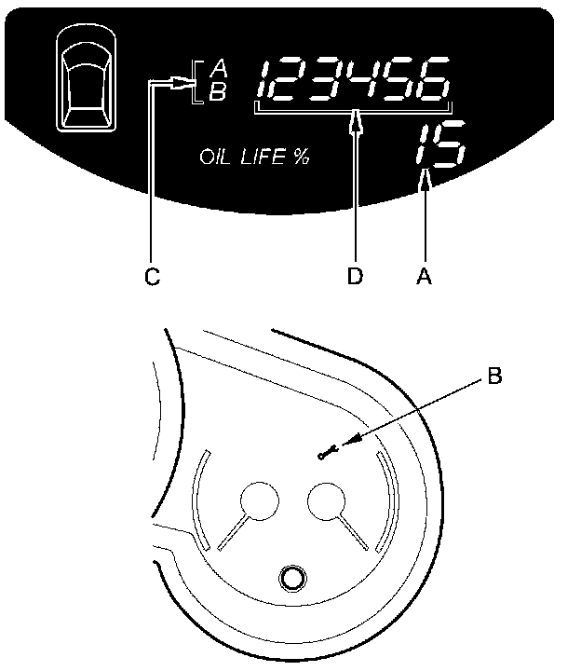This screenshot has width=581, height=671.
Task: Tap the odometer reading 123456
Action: tap(353, 79)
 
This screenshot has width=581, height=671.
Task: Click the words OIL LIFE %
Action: tap(254, 157)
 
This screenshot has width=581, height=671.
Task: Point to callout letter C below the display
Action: tap(152, 277)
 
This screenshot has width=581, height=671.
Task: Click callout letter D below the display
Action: tap(355, 277)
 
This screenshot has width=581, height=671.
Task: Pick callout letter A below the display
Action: tap(424, 277)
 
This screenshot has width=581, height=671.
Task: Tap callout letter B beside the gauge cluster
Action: tap(494, 376)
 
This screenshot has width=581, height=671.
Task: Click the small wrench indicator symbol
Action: tap(329, 452)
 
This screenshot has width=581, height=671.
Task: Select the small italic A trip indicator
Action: tap(219, 68)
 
